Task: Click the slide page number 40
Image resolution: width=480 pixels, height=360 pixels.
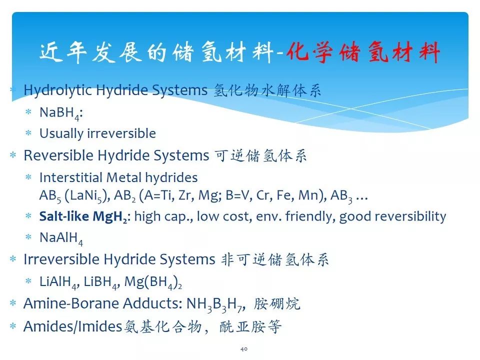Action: (x=244, y=349)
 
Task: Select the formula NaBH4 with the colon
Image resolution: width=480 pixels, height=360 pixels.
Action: (x=61, y=113)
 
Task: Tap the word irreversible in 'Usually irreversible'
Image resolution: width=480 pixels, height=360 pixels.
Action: (x=121, y=133)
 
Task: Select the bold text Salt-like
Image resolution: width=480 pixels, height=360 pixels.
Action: (x=64, y=216)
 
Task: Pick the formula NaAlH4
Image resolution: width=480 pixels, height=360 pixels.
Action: (x=61, y=238)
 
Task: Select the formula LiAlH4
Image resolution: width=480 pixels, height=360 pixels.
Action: (x=59, y=282)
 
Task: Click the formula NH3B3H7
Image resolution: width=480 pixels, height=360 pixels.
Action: (x=215, y=304)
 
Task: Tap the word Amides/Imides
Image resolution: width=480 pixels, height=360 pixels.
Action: (x=73, y=326)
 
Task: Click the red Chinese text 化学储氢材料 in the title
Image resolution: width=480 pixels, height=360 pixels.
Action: (x=363, y=52)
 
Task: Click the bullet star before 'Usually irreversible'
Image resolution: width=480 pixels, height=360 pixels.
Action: (x=28, y=133)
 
